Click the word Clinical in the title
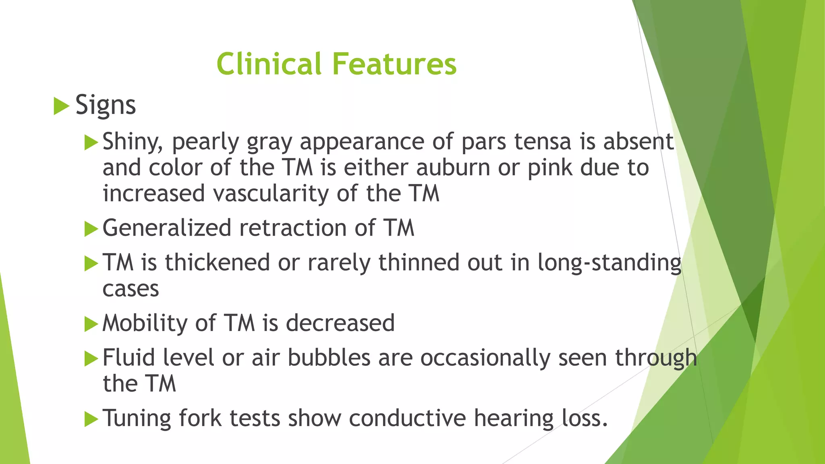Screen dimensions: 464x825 269,64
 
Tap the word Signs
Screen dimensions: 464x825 106,105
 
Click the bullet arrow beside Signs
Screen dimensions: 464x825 61,106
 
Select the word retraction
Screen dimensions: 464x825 293,228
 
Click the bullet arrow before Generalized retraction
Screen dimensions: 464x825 91,229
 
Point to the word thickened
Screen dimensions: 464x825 217,263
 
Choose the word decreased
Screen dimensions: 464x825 340,323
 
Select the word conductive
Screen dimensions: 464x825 407,418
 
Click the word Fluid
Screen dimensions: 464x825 129,358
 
